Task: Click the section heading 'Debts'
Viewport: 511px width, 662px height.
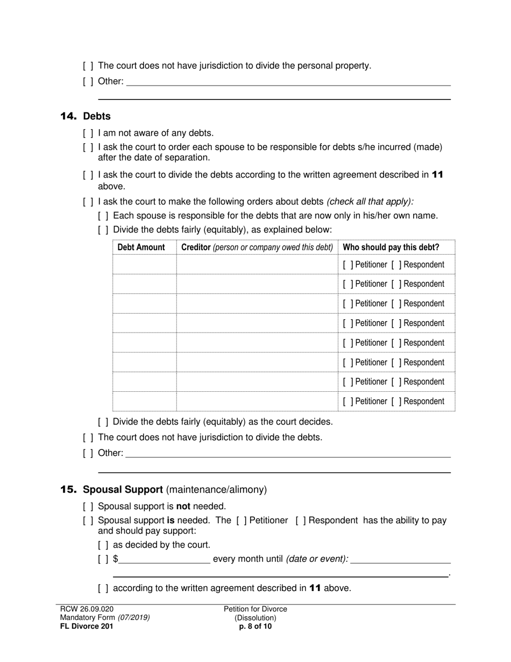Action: click(97, 116)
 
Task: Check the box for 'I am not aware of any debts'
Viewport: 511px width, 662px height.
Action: click(88, 133)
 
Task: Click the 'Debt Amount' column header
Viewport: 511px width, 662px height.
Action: click(141, 248)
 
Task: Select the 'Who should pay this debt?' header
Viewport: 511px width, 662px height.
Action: click(391, 248)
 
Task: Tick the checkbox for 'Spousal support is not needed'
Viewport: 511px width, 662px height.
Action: click(88, 506)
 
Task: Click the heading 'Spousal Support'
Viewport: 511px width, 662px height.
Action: click(123, 490)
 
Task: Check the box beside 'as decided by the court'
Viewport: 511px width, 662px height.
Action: click(103, 545)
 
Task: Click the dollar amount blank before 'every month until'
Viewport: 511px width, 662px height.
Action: click(165, 559)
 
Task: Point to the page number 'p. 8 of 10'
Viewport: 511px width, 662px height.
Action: click(256, 626)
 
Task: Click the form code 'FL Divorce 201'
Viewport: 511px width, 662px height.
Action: click(87, 626)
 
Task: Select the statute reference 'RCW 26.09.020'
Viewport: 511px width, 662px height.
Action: click(87, 609)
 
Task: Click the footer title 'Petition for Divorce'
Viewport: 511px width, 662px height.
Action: click(256, 609)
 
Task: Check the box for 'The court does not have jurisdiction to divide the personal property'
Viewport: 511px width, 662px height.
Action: click(88, 66)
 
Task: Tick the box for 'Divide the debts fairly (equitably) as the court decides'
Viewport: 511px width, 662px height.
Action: click(103, 422)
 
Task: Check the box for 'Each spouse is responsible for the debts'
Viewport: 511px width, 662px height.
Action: click(103, 216)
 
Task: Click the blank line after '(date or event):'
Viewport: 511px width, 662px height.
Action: click(400, 559)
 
